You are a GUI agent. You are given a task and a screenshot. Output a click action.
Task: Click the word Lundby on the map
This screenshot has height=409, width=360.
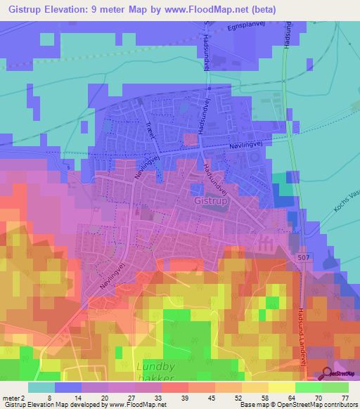[155, 366]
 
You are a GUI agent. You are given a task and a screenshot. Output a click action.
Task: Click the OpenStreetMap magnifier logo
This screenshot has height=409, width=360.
[328, 375]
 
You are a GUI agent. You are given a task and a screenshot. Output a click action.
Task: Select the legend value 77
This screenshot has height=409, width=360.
[345, 397]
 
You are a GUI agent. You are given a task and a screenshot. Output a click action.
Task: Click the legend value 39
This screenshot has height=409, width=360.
[184, 397]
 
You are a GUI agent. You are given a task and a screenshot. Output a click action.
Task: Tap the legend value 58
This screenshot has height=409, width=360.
[264, 397]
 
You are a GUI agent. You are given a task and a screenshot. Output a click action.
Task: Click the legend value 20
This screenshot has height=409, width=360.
[104, 397]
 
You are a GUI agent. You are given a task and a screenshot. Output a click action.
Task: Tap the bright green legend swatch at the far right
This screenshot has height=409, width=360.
[335, 387]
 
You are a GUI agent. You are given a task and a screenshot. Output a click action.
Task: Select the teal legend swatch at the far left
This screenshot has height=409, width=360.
[41, 387]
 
